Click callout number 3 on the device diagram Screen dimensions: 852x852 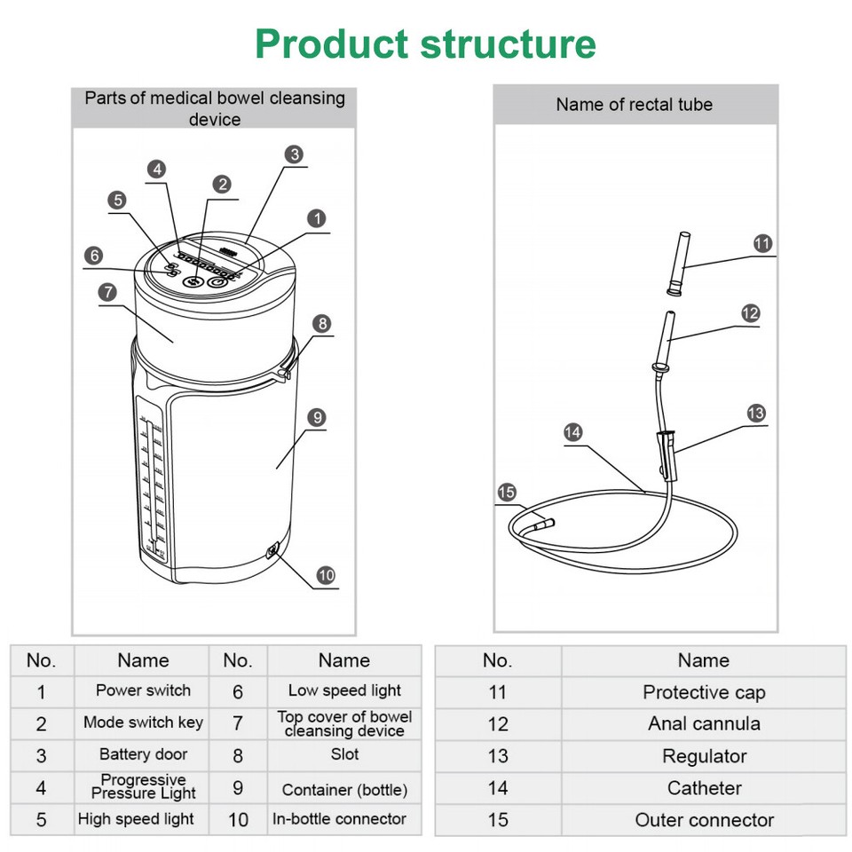click(x=295, y=154)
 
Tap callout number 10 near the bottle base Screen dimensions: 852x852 click(x=326, y=575)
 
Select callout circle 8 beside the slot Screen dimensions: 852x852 click(x=322, y=324)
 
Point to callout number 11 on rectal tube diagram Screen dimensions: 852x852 click(x=762, y=243)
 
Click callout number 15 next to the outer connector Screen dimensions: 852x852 click(x=506, y=492)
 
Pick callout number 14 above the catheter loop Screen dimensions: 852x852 click(x=573, y=433)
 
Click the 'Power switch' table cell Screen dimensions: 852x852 click(x=143, y=690)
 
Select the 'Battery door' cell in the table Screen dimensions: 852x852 click(x=143, y=754)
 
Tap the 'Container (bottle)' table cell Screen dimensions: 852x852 click(x=344, y=789)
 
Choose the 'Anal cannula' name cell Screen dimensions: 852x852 click(x=704, y=723)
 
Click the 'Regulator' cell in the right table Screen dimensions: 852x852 click(x=704, y=756)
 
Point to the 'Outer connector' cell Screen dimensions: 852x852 click(x=704, y=820)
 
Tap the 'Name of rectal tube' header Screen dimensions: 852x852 click(x=635, y=105)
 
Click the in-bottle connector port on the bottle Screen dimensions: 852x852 click(x=272, y=552)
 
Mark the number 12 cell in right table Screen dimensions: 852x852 click(x=498, y=723)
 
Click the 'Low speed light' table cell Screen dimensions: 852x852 click(x=344, y=690)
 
